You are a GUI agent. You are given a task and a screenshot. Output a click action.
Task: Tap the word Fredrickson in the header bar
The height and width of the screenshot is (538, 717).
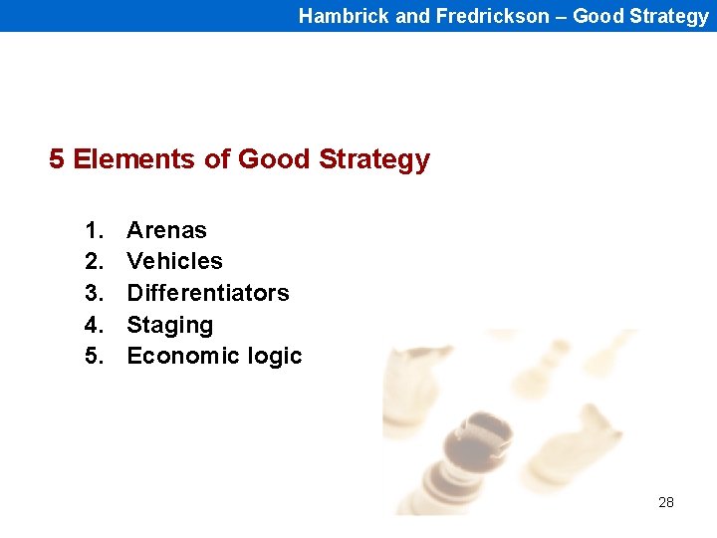[492, 16]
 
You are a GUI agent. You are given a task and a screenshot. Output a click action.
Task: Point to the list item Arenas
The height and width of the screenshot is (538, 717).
[166, 230]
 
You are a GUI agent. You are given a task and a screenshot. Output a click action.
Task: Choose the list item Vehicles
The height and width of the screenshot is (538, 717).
[174, 261]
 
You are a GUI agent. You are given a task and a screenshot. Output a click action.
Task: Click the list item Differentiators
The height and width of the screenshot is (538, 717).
[207, 293]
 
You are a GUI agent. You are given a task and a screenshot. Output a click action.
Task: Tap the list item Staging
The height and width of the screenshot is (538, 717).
[169, 325]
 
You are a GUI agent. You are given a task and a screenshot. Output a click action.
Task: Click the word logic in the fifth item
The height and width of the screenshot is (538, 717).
[274, 357]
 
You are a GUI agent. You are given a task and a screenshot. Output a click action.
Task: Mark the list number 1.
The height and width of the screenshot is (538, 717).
[94, 230]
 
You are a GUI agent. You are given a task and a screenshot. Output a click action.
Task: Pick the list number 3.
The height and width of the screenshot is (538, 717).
[94, 293]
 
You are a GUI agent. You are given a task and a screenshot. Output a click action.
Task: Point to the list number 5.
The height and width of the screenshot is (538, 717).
[94, 356]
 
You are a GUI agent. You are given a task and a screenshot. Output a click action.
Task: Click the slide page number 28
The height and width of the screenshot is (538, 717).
[666, 502]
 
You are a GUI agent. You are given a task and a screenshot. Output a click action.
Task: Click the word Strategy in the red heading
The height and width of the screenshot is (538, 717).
[374, 160]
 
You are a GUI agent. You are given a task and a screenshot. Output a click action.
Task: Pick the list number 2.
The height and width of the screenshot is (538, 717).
[94, 261]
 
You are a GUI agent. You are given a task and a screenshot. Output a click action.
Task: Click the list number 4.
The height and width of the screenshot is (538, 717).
[94, 325]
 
